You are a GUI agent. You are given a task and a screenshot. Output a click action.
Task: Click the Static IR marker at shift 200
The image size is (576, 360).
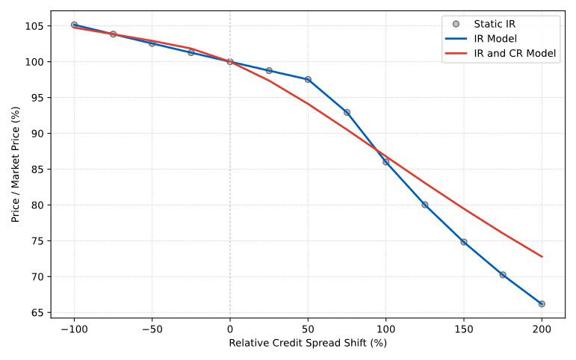[x=542, y=304]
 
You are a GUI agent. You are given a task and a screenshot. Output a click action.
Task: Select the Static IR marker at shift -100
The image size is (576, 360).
[x=74, y=25]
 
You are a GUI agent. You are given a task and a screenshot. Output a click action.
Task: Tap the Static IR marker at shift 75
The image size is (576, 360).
[x=347, y=113]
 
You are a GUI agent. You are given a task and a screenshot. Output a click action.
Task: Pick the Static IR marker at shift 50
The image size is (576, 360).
[x=308, y=79]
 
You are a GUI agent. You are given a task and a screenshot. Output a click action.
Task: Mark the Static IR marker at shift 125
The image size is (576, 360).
[x=424, y=205]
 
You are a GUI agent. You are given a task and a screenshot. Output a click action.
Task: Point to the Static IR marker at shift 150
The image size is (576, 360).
[x=463, y=242]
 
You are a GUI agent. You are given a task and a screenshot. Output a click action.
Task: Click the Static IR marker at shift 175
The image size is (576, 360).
[x=503, y=275]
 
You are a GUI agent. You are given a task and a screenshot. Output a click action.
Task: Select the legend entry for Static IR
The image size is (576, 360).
[x=495, y=24]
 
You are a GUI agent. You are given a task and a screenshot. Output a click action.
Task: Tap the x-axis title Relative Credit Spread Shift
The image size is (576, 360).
[x=308, y=344]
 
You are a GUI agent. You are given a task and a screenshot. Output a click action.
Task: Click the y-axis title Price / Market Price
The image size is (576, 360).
[x=15, y=164]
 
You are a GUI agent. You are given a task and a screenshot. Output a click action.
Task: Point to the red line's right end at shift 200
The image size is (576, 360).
[x=542, y=256]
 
